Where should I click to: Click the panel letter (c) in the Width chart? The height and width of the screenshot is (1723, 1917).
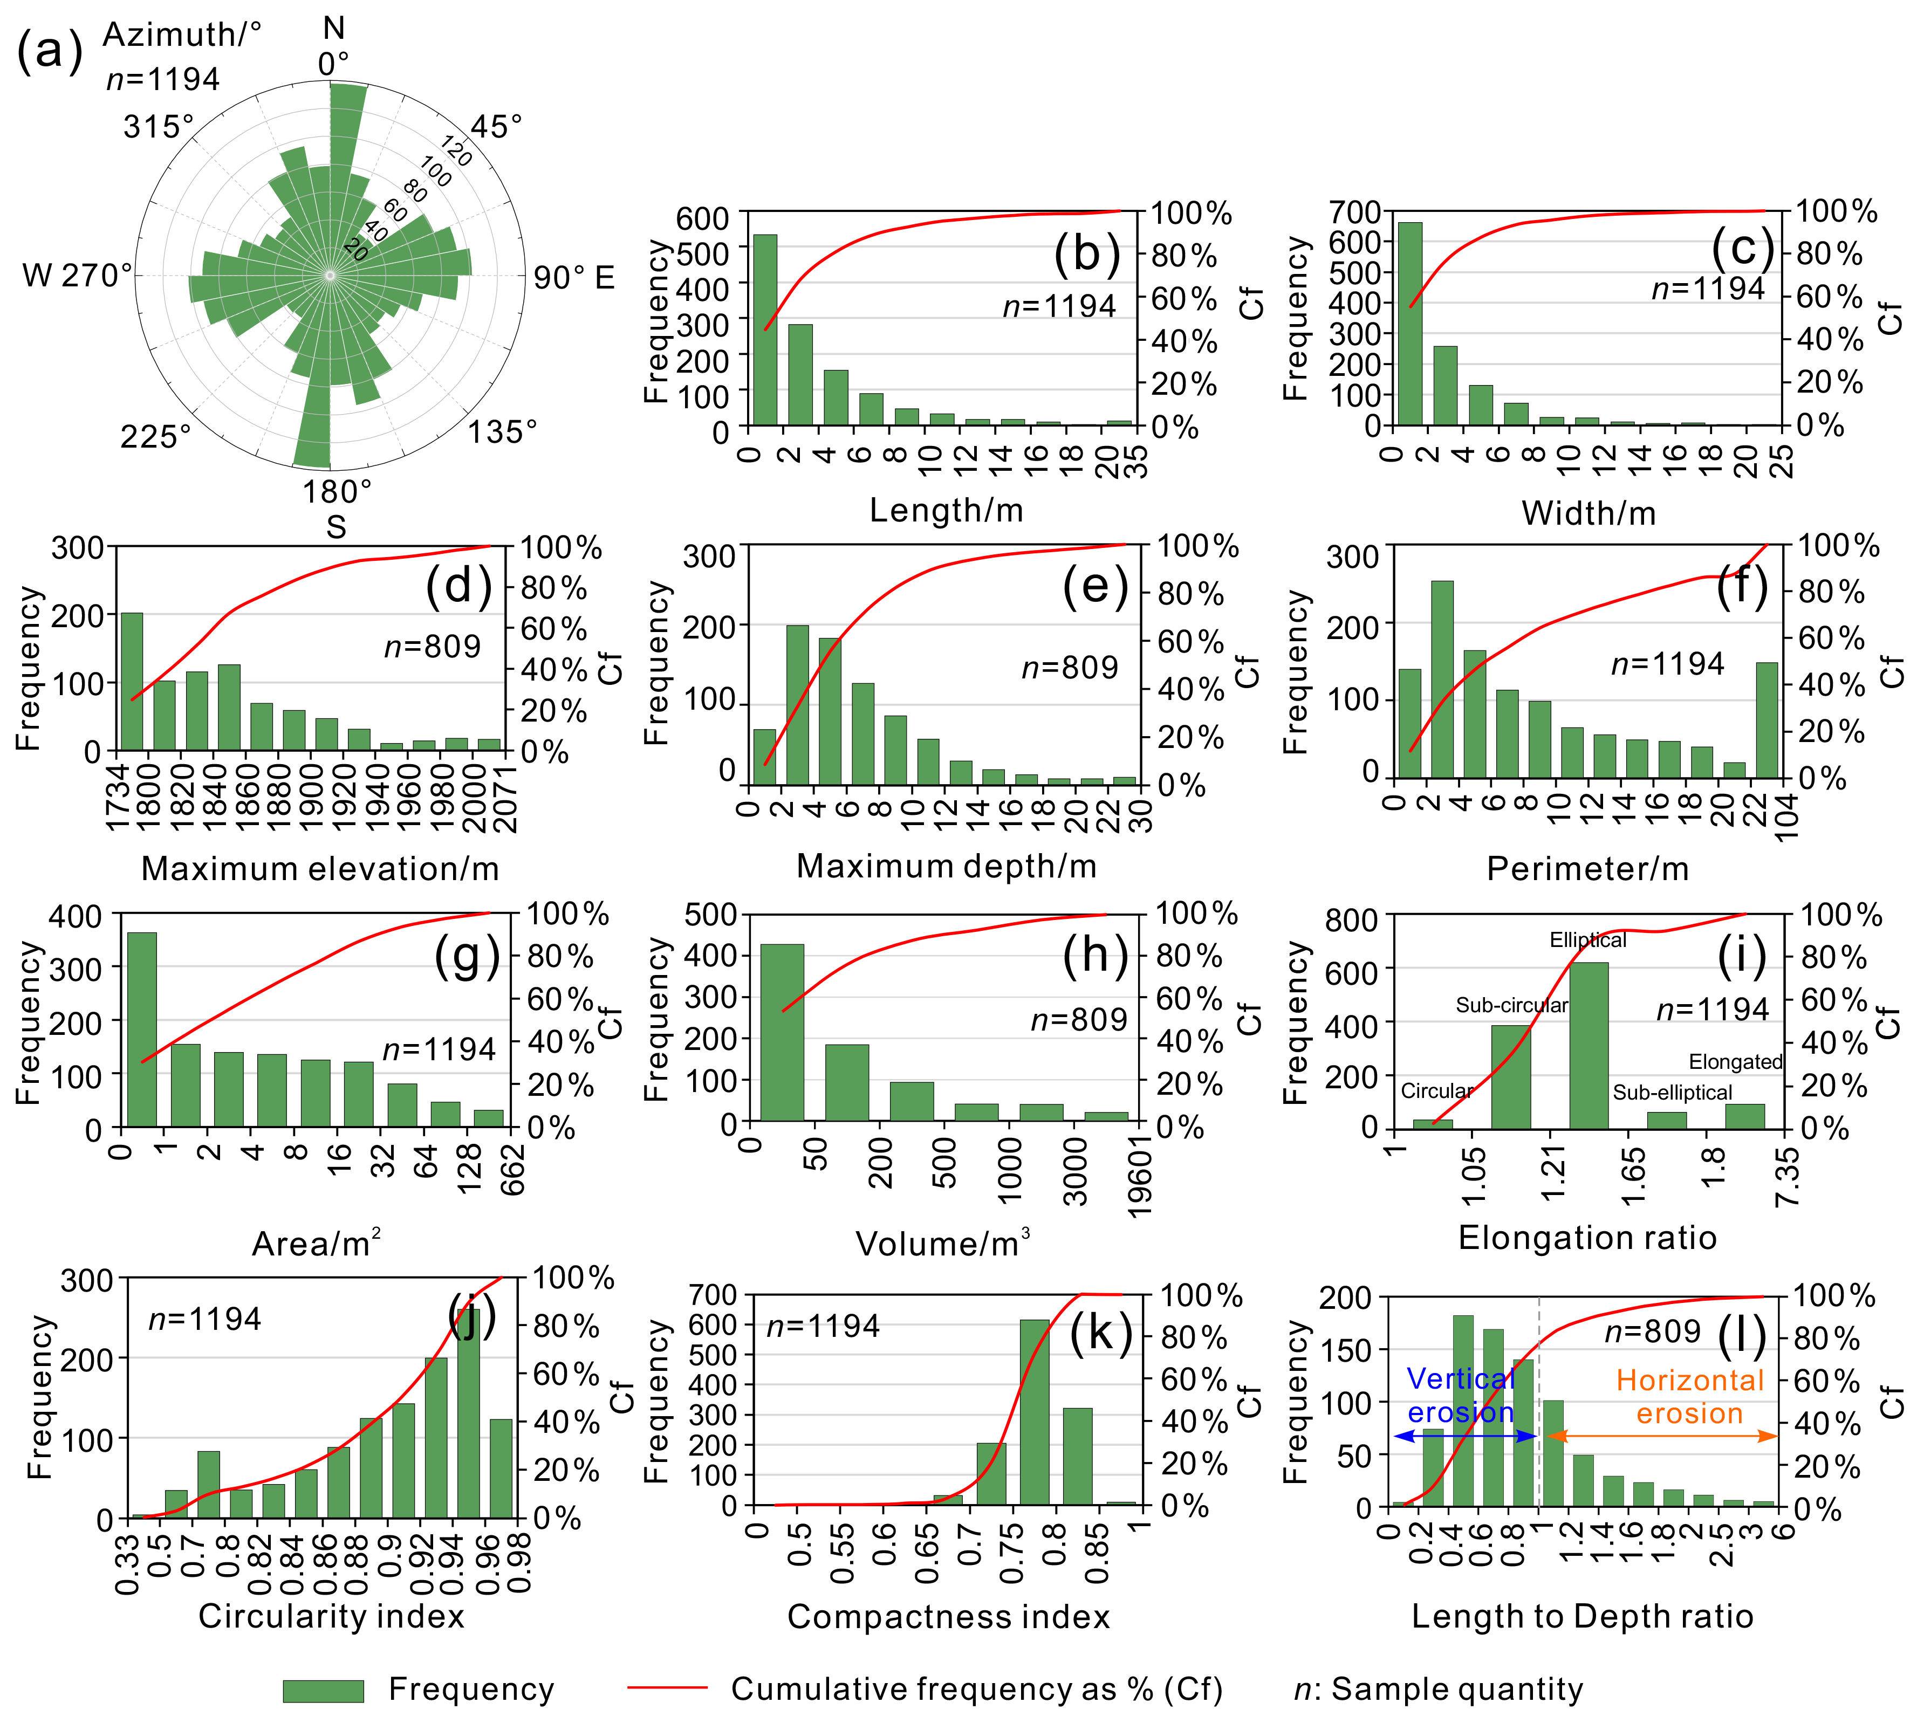pyautogui.click(x=1742, y=248)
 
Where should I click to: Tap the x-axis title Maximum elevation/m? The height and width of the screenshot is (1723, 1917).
pyautogui.click(x=320, y=868)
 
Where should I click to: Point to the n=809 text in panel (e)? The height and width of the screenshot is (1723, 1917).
pyautogui.click(x=1070, y=668)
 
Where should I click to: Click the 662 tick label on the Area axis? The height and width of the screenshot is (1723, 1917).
pyautogui.click(x=512, y=1169)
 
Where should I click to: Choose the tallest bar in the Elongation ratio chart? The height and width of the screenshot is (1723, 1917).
pyautogui.click(x=1589, y=1045)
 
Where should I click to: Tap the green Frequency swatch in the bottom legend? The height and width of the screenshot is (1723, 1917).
pyautogui.click(x=323, y=1690)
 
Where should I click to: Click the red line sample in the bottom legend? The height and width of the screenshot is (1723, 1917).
pyautogui.click(x=667, y=1687)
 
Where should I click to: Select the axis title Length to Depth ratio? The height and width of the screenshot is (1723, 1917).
pyautogui.click(x=1582, y=1616)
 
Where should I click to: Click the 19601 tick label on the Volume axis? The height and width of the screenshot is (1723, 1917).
pyautogui.click(x=1140, y=1172)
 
